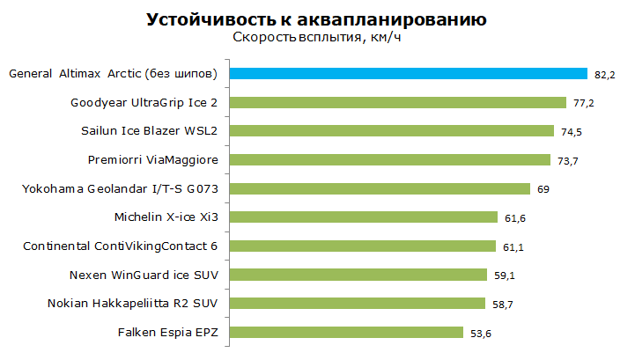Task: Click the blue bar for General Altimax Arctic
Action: pyautogui.click(x=409, y=74)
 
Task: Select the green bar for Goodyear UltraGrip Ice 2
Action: pyautogui.click(x=398, y=102)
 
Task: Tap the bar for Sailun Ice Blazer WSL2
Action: pyautogui.click(x=392, y=131)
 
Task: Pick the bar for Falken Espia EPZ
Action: pyautogui.click(x=346, y=333)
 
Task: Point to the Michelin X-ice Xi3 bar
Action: pyautogui.click(x=363, y=217)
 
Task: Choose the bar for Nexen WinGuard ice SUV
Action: pyautogui.click(x=358, y=275)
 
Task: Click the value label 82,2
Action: pyautogui.click(x=605, y=75)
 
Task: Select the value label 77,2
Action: pyautogui.click(x=584, y=103)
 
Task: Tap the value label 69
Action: pyautogui.click(x=543, y=189)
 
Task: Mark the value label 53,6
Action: pyautogui.click(x=481, y=334)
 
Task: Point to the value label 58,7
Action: pyautogui.click(x=503, y=305)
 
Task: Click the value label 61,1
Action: pyautogui.click(x=513, y=247)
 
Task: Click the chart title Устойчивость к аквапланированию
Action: pyautogui.click(x=316, y=19)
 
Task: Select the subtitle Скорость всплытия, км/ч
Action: pyautogui.click(x=317, y=37)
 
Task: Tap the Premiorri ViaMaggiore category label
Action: pyautogui.click(x=152, y=160)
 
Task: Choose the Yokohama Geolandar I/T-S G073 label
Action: pyautogui.click(x=120, y=188)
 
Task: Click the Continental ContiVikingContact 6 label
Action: pyautogui.click(x=121, y=246)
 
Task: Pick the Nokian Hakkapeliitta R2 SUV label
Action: pyautogui.click(x=132, y=304)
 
